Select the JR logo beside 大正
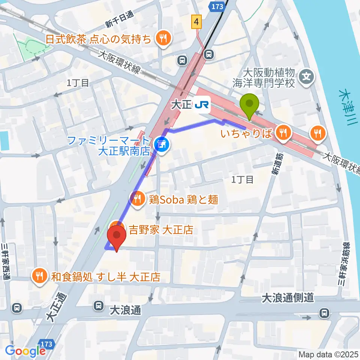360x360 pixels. pyautogui.click(x=202, y=105)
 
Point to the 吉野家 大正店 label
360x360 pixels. pyautogui.click(x=161, y=229)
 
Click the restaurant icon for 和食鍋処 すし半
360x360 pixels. pyautogui.click(x=39, y=277)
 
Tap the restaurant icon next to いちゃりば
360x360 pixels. pyautogui.click(x=282, y=132)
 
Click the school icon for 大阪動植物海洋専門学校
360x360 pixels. pyautogui.click(x=307, y=77)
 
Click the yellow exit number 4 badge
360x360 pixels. pyautogui.click(x=196, y=22)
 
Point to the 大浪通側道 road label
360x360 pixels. pyautogui.click(x=288, y=298)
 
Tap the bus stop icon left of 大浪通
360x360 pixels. pyautogui.click(x=99, y=306)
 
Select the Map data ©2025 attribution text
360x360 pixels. pyautogui.click(x=328, y=354)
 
